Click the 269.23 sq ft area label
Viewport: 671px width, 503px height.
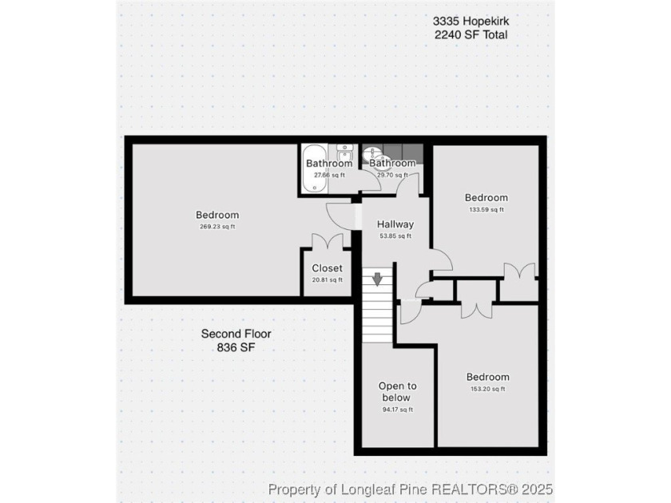[x=217, y=227]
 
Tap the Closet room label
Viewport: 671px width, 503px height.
[x=328, y=268]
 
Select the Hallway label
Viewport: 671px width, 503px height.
[x=395, y=224]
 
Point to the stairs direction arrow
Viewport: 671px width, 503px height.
[x=377, y=279]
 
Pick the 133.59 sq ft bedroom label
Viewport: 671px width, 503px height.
[x=486, y=198]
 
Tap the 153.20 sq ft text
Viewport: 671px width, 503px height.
[x=488, y=389]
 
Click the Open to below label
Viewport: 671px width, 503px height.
[x=398, y=392]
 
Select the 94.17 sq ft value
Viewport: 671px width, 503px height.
[x=398, y=410]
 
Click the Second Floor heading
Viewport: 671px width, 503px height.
[x=236, y=334]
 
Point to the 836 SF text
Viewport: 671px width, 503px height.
[x=236, y=347]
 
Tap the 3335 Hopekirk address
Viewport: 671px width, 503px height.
[x=471, y=21]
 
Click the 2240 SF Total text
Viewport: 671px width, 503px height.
[x=471, y=34]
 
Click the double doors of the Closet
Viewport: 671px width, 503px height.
[x=328, y=242]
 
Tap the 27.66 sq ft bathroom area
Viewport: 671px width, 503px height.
[x=329, y=175]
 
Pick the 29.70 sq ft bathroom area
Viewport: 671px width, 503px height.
[x=392, y=175]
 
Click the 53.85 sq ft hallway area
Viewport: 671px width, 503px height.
[x=395, y=236]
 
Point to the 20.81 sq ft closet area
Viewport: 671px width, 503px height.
[x=328, y=280]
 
